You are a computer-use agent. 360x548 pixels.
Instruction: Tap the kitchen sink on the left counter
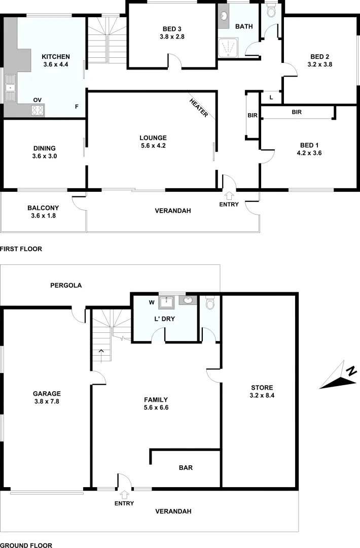[10, 89]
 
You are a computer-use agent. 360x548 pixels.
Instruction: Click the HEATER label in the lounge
[199, 108]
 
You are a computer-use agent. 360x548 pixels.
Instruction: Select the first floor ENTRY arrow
[229, 195]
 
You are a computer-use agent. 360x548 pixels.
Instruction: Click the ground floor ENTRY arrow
[124, 494]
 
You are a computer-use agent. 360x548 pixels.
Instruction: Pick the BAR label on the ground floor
[186, 467]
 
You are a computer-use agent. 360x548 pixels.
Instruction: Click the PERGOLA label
[66, 285]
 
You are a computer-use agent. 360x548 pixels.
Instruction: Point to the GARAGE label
[47, 393]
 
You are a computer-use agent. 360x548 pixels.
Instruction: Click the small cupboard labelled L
[271, 97]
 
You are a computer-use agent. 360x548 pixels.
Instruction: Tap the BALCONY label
[43, 208]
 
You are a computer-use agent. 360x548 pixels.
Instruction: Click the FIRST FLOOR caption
[21, 249]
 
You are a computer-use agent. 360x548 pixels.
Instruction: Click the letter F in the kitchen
[77, 107]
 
